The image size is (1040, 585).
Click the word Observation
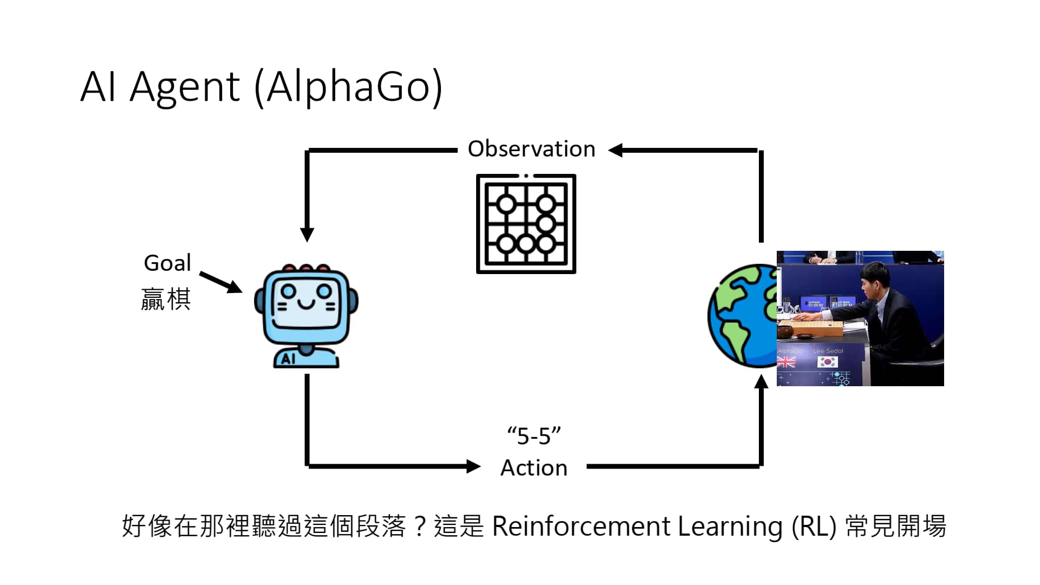(531, 149)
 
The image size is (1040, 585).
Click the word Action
(534, 468)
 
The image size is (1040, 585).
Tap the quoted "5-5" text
(534, 436)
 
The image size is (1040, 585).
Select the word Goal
(167, 263)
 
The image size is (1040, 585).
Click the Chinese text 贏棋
(166, 300)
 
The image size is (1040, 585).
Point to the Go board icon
(525, 224)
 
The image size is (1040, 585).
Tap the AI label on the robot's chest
(288, 359)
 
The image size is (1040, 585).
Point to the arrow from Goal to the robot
(221, 282)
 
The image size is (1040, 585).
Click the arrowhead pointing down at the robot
(307, 234)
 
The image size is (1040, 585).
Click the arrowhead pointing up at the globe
(761, 381)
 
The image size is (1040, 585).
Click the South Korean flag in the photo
(827, 362)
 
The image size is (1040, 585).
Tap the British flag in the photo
(786, 362)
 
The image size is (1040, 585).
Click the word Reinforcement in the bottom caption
(581, 526)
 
